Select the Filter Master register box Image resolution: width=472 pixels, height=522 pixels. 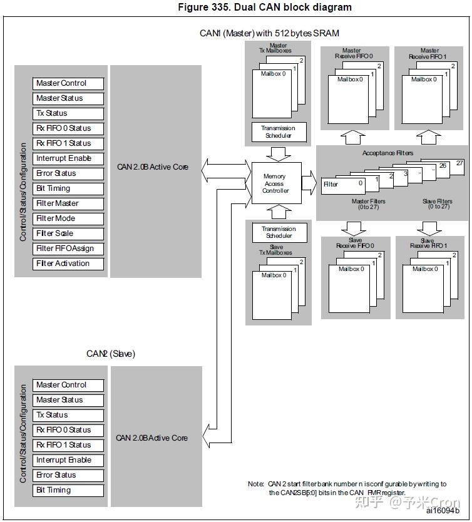pyautogui.click(x=68, y=203)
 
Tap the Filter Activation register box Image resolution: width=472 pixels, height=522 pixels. pyautogui.click(x=68, y=264)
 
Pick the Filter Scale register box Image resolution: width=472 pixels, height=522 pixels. pyautogui.click(x=68, y=233)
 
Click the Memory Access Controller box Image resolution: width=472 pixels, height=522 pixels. pyautogui.click(x=275, y=184)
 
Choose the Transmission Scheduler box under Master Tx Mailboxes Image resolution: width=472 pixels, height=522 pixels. pyautogui.click(x=278, y=132)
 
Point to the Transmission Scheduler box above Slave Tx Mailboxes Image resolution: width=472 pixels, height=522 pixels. pyautogui.click(x=278, y=232)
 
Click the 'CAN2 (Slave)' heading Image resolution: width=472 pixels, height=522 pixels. pyautogui.click(x=111, y=354)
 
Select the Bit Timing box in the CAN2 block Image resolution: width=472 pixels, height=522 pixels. pyautogui.click(x=68, y=490)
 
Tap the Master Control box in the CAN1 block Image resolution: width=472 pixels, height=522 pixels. pyautogui.click(x=68, y=83)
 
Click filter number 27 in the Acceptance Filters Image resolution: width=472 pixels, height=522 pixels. pyautogui.click(x=460, y=163)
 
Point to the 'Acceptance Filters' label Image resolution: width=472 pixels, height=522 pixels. pyautogui.click(x=387, y=153)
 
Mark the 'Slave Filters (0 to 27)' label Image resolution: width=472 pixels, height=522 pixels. pyautogui.click(x=437, y=204)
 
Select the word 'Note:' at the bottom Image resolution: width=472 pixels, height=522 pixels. pyautogui.click(x=256, y=484)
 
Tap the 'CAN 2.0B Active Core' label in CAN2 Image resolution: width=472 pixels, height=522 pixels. pyautogui.click(x=152, y=438)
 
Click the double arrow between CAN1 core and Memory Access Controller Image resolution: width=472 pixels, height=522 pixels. pyautogui.click(x=225, y=167)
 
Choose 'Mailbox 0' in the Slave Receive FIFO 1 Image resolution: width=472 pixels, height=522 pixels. pyautogui.click(x=424, y=269)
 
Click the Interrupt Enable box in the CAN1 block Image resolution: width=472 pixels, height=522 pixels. pyautogui.click(x=68, y=158)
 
